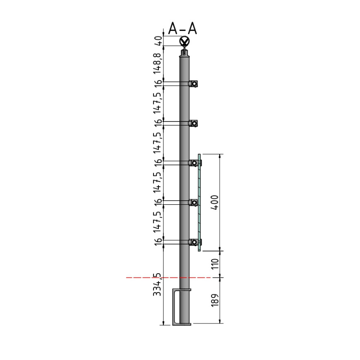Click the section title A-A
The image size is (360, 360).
tap(183, 29)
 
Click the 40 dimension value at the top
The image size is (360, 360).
tap(157, 41)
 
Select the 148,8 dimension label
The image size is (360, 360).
tap(157, 63)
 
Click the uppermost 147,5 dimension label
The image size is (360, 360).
tap(157, 103)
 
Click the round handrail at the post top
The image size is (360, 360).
tap(184, 42)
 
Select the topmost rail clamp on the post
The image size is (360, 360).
tap(193, 84)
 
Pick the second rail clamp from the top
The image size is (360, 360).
tap(193, 123)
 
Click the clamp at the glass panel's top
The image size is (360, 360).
tap(194, 162)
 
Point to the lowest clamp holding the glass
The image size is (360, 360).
tap(194, 242)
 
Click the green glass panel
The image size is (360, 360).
tap(199, 202)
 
